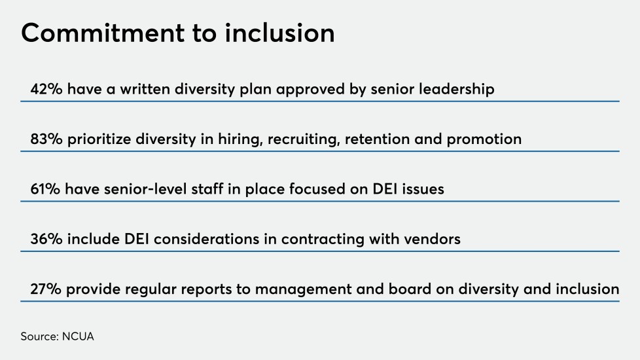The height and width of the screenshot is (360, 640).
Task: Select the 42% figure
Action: (x=46, y=89)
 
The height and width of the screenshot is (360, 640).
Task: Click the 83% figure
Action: (x=46, y=139)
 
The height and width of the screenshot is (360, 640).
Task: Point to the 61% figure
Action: (x=45, y=189)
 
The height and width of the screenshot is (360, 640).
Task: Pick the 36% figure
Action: (x=46, y=239)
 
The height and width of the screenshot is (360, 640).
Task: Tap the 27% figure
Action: (x=46, y=289)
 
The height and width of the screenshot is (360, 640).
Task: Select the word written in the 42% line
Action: (x=145, y=89)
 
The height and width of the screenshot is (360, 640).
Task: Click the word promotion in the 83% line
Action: (x=484, y=139)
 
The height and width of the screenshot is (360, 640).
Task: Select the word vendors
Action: (x=432, y=239)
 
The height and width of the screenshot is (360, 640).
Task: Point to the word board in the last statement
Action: (x=418, y=289)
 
